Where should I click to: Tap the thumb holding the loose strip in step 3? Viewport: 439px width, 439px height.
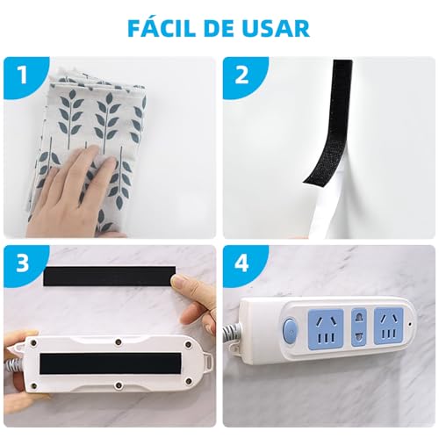186,284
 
